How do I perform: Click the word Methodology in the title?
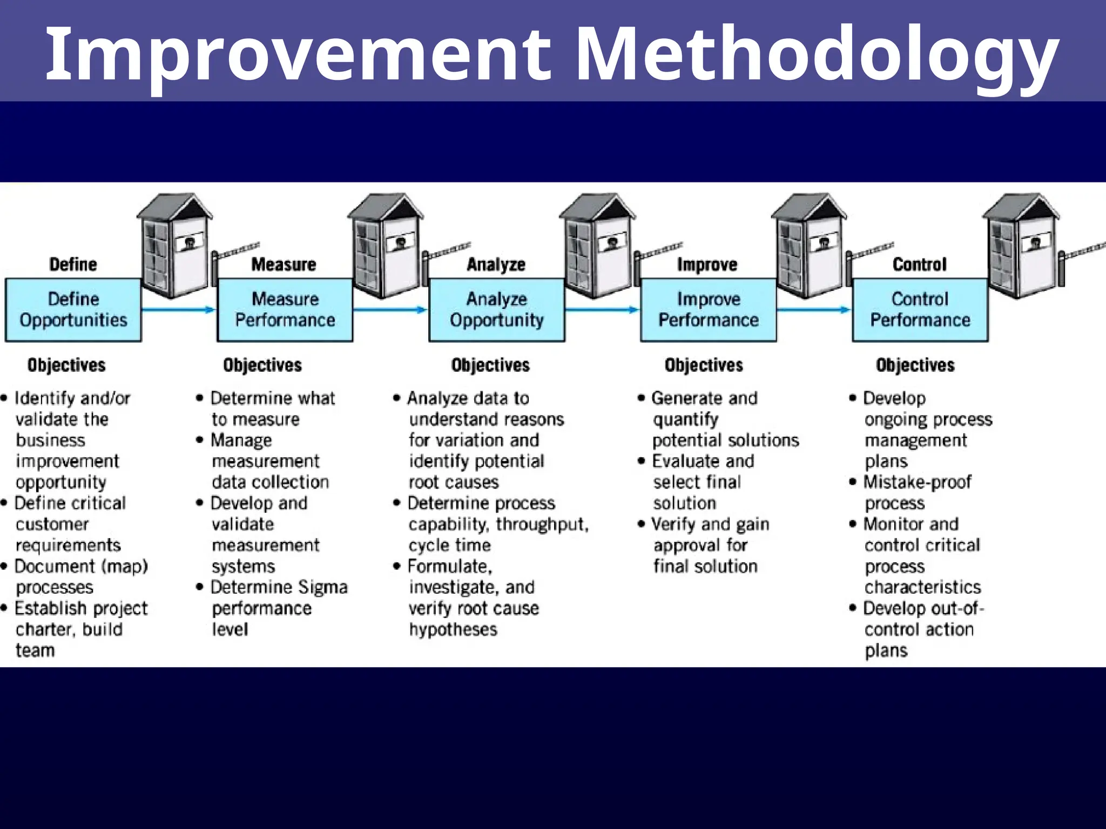(x=815, y=54)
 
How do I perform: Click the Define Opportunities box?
(x=73, y=310)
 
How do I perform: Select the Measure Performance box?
(x=285, y=310)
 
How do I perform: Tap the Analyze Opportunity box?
(x=497, y=310)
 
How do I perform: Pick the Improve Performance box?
(x=709, y=310)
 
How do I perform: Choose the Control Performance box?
(x=920, y=310)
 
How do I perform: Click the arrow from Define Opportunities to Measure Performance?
(x=178, y=310)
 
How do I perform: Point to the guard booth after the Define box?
(x=174, y=246)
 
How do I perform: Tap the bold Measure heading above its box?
(x=284, y=264)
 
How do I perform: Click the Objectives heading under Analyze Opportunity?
(x=490, y=365)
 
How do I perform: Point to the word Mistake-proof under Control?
(x=917, y=482)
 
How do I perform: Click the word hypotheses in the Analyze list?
(x=453, y=629)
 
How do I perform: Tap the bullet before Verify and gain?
(x=641, y=524)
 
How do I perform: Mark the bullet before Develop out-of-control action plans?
(x=853, y=608)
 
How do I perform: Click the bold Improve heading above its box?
(x=707, y=264)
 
